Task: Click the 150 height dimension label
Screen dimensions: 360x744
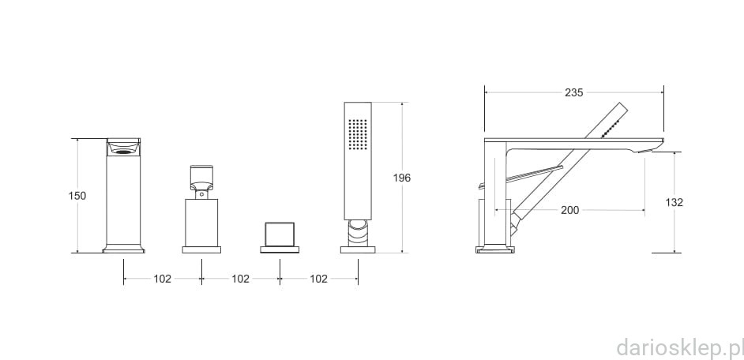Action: click(x=77, y=196)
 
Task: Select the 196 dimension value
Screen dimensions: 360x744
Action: click(x=402, y=178)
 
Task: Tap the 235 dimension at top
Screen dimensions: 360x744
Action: click(x=574, y=92)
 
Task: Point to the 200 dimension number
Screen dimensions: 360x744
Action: click(x=569, y=210)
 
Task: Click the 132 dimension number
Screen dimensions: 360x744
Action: click(x=674, y=202)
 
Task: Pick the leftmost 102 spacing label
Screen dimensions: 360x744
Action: click(x=162, y=279)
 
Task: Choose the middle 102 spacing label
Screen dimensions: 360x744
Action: click(x=240, y=279)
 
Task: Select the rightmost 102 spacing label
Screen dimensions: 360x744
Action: click(x=318, y=279)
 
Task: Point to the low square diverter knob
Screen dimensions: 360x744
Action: click(x=279, y=235)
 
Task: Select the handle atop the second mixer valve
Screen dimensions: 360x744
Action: click(x=201, y=178)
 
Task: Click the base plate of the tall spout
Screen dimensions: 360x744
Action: click(x=123, y=249)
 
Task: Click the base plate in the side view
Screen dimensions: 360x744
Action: click(x=494, y=250)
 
